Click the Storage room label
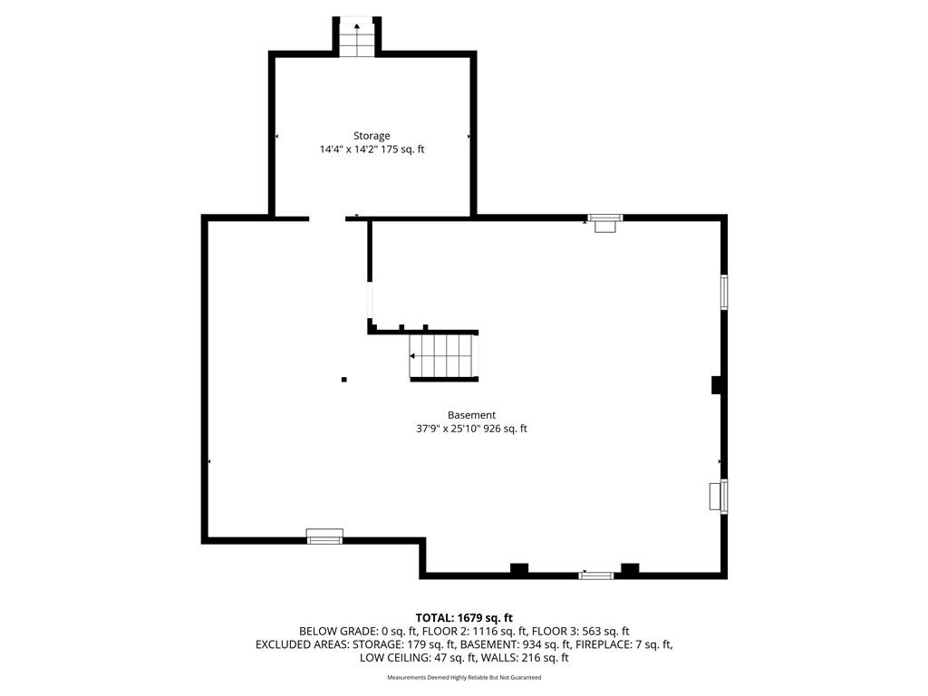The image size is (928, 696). (372, 136)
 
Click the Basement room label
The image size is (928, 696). (471, 415)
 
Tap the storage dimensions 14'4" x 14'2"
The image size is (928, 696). (348, 150)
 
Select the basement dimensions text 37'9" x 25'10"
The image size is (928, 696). (448, 429)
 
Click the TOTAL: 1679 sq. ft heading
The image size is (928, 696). (464, 618)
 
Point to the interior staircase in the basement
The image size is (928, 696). (444, 355)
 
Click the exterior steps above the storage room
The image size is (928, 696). (357, 37)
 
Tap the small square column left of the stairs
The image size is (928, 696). (343, 380)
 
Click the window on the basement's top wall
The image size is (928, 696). (604, 223)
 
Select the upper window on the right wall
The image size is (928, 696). (724, 292)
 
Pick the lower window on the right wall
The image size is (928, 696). (719, 496)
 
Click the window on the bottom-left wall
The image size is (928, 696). (324, 536)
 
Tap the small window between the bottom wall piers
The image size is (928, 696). (596, 574)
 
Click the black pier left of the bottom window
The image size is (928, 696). (519, 568)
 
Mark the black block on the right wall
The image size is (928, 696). (716, 384)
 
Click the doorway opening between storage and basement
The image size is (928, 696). (326, 218)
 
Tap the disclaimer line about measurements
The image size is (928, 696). (464, 677)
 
